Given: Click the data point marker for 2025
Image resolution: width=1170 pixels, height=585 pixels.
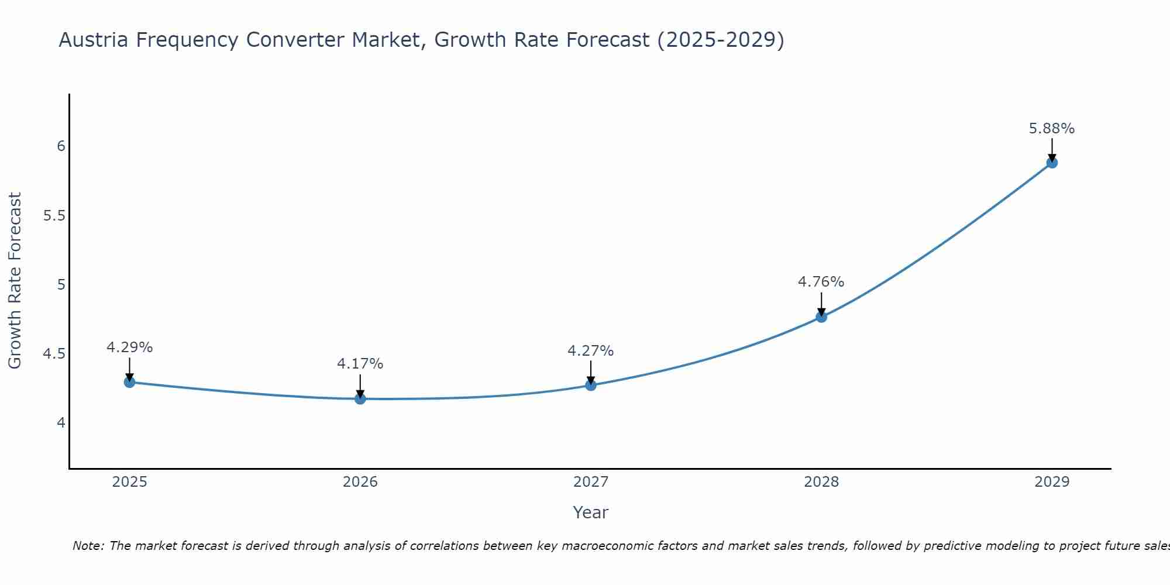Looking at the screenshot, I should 129,382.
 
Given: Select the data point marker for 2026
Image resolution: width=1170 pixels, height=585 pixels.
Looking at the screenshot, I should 360,398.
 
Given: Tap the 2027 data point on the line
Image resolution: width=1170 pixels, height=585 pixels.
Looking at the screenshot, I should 590,385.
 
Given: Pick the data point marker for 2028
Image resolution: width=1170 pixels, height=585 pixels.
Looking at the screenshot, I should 821,317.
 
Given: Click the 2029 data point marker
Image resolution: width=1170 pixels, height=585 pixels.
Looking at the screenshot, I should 1051,163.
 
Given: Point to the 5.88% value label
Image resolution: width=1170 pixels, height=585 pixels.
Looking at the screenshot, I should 1051,129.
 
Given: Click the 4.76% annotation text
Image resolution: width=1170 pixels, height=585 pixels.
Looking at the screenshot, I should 821,282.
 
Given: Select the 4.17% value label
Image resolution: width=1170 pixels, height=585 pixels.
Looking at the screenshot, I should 360,364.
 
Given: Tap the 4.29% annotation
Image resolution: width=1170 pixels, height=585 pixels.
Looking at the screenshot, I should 129,347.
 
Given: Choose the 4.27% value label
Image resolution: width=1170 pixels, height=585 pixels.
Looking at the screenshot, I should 590,351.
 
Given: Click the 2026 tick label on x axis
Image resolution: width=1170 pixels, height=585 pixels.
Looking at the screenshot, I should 360,482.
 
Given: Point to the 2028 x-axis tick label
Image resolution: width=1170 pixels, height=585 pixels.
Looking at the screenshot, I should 821,482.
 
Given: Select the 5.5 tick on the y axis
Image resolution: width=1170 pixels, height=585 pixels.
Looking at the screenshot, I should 54,216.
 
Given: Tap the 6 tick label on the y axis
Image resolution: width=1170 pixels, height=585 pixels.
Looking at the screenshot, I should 61,146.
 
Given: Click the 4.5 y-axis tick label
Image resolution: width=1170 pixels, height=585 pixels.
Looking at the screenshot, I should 54,354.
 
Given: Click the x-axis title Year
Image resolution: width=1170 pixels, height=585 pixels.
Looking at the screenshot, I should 590,512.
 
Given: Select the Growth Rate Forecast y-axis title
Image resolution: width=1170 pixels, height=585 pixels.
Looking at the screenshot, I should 15,281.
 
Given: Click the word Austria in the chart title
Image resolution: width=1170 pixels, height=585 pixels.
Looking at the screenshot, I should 94,40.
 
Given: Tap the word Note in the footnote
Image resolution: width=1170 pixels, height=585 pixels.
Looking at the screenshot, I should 88,546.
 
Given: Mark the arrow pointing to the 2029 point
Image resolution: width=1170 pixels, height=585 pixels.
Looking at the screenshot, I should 1051,150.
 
